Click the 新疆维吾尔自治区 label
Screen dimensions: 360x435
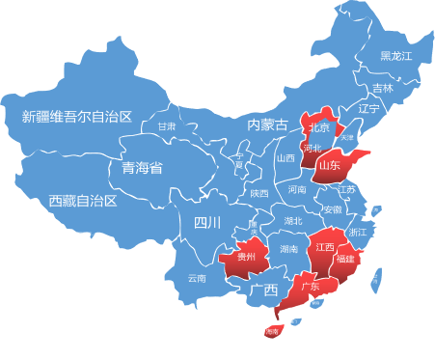[76, 117]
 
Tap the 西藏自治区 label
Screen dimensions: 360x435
[82, 201]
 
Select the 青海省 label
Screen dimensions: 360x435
[142, 168]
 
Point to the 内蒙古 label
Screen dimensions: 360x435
[267, 125]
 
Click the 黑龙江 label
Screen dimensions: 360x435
[395, 56]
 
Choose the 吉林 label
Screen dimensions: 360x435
[383, 88]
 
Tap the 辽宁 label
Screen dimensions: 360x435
[368, 109]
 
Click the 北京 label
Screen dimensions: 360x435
[319, 127]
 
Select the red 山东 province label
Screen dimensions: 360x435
[328, 165]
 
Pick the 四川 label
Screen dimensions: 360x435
[207, 223]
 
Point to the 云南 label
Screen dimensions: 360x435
[197, 278]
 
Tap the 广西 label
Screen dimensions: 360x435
[263, 290]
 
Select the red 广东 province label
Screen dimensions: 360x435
[310, 287]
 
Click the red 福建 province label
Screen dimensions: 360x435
[345, 259]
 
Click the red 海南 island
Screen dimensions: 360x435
[272, 331]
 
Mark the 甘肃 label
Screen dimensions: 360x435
[167, 126]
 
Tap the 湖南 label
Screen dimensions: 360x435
[288, 248]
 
